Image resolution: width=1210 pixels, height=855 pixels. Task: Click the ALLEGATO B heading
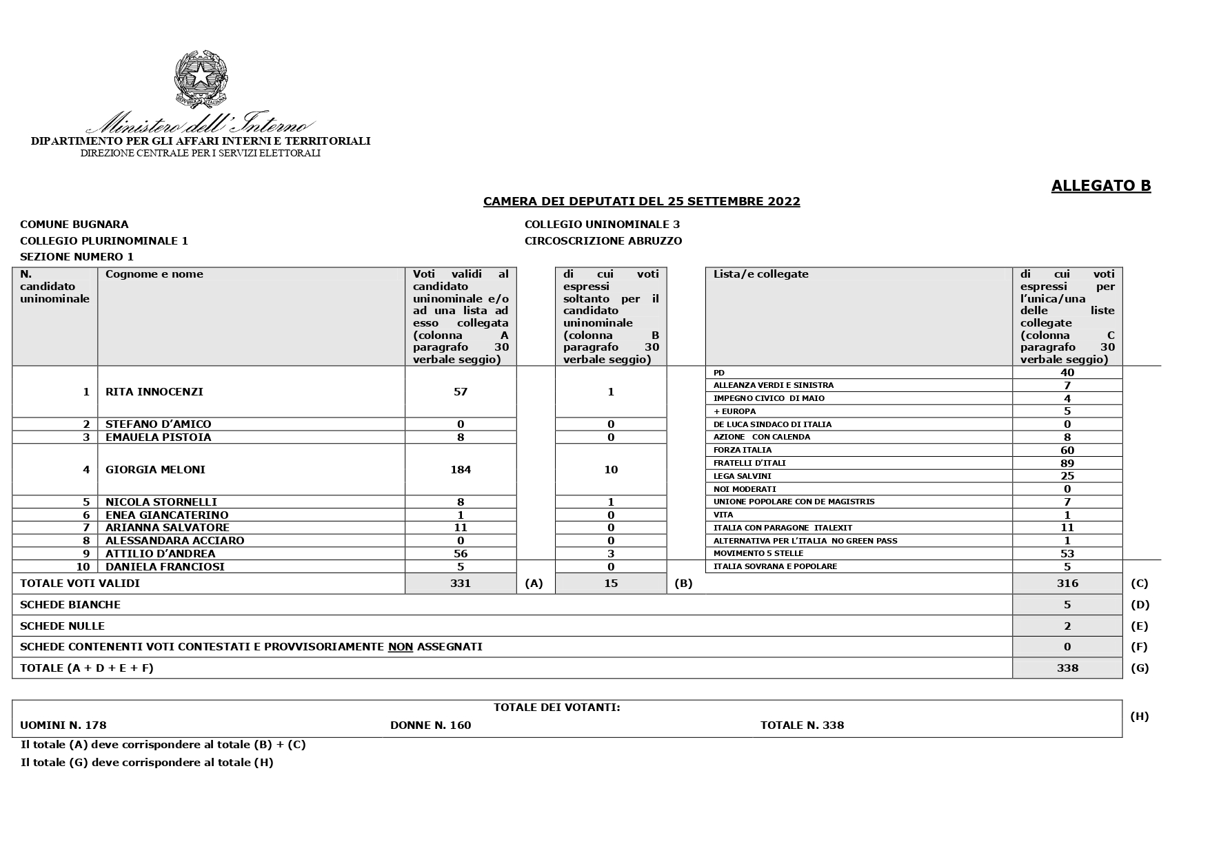click(x=1100, y=186)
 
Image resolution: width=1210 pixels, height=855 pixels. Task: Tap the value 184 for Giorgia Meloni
click(x=460, y=470)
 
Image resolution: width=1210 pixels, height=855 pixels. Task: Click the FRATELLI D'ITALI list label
click(x=749, y=463)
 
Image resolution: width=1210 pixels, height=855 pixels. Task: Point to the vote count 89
click(x=1067, y=463)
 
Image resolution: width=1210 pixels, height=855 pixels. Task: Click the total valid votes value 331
click(x=460, y=584)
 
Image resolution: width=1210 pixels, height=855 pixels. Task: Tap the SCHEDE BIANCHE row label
click(x=70, y=605)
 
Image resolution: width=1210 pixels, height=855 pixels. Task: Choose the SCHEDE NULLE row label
click(x=62, y=626)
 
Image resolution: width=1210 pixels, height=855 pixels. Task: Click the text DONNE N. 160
click(x=430, y=725)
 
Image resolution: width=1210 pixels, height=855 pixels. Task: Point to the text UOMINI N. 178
click(x=63, y=725)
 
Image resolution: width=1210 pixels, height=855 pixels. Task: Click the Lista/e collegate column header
click(x=760, y=274)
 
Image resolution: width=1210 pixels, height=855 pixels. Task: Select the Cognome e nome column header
click(x=154, y=274)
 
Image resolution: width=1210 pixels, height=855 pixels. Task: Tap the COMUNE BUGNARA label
click(x=74, y=225)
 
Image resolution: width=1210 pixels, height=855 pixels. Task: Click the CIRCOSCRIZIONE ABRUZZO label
click(x=603, y=241)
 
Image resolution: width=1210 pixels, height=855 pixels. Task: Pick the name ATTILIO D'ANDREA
click(x=160, y=554)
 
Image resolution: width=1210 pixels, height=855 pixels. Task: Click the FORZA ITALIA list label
click(x=743, y=450)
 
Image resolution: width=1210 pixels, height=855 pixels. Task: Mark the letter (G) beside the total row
click(x=1139, y=668)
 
